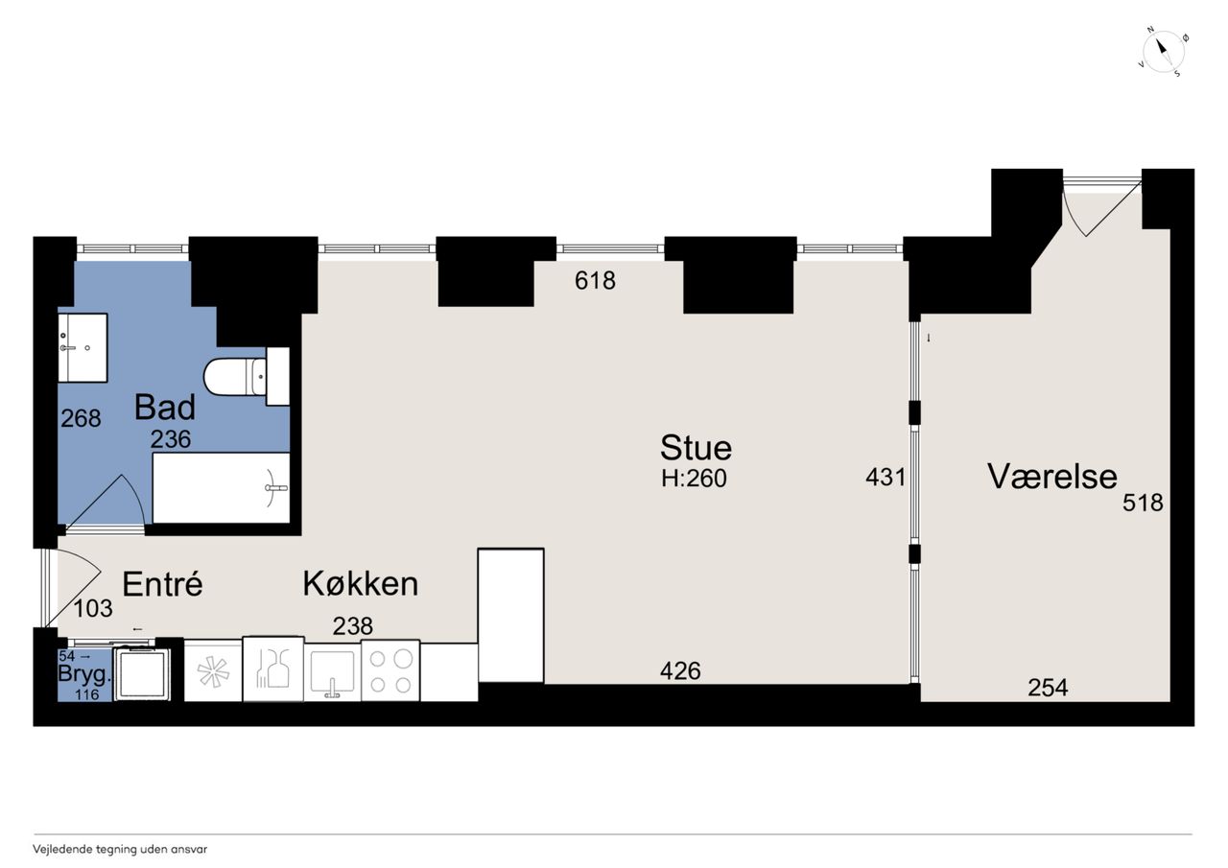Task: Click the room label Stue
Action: pos(696,448)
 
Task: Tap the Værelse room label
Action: pos(1052,476)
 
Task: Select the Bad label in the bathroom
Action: pos(164,408)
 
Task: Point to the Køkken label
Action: pos(360,583)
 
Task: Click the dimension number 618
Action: pos(595,281)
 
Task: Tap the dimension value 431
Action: pos(886,478)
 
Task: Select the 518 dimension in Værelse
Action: pos(1143,503)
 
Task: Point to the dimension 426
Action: pos(680,670)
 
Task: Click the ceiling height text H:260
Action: pos(694,479)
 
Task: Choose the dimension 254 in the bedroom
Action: pos(1048,687)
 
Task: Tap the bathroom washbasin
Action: pos(83,347)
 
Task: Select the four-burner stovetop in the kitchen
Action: pos(390,670)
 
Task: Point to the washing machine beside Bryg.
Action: pos(142,673)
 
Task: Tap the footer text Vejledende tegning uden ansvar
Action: pos(120,850)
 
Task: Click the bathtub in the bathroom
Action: pos(221,487)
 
